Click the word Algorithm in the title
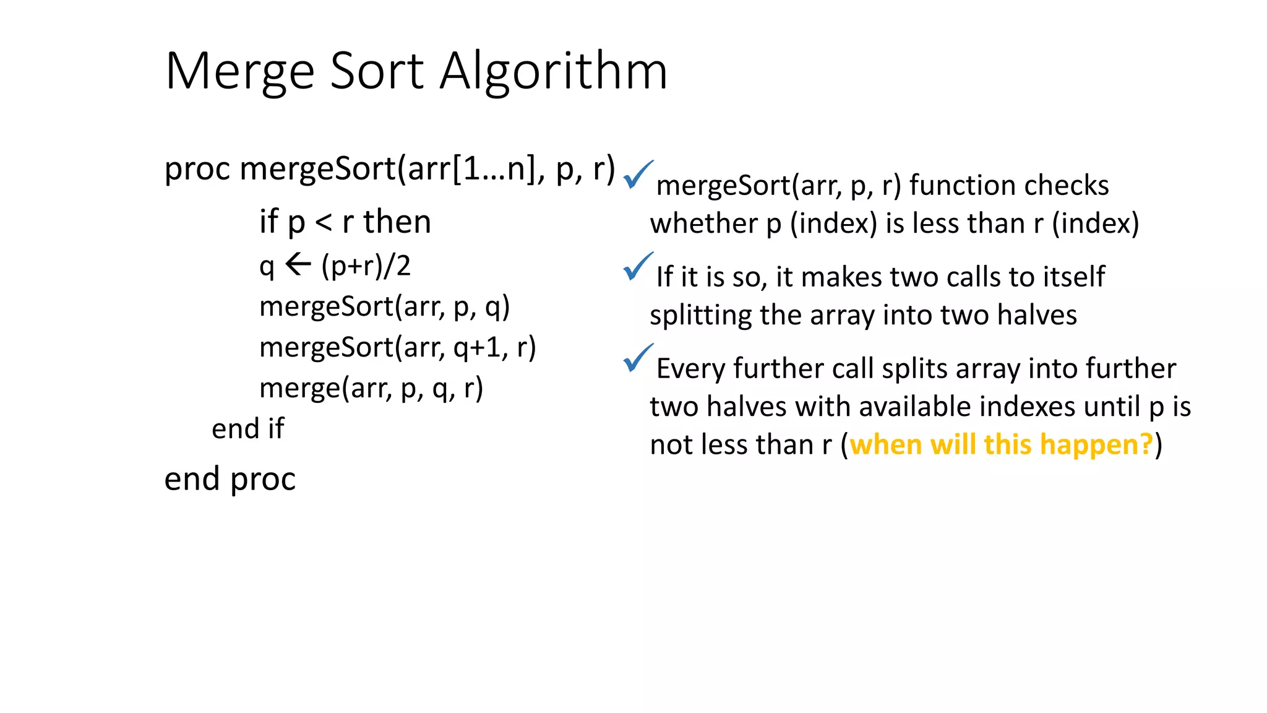pos(554,71)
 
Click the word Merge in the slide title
pos(239,71)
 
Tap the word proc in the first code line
pos(197,168)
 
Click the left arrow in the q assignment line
pos(298,265)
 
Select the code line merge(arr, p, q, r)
pos(371,388)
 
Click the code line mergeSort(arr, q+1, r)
pos(397,347)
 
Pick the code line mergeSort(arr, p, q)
pos(384,306)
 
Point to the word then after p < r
pos(397,222)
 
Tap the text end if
pos(247,428)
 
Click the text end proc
pos(230,478)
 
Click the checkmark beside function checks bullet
pos(638,175)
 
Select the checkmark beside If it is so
pos(638,266)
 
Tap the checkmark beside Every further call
pos(638,358)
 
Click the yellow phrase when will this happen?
pos(1001,444)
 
